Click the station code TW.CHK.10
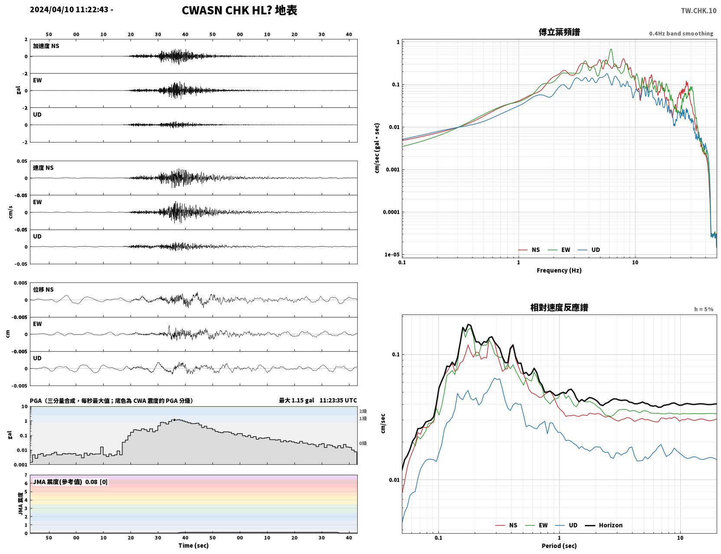pos(698,10)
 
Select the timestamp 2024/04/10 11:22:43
pos(69,9)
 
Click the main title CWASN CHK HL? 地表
pos(239,10)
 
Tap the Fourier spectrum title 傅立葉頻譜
pos(559,32)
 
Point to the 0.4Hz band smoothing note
pos(681,33)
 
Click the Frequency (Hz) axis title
pos(559,270)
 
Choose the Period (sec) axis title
pos(559,546)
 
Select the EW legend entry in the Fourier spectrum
pos(559,250)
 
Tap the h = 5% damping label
pos(703,309)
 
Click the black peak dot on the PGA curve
pos(174,420)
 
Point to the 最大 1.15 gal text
pos(296,400)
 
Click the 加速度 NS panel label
pos(46,46)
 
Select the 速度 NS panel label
pos(43,168)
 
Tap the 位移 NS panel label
pos(43,289)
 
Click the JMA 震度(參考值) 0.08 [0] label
pos(70,482)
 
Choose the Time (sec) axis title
pos(193,545)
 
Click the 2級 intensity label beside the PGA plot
pos(362,411)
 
